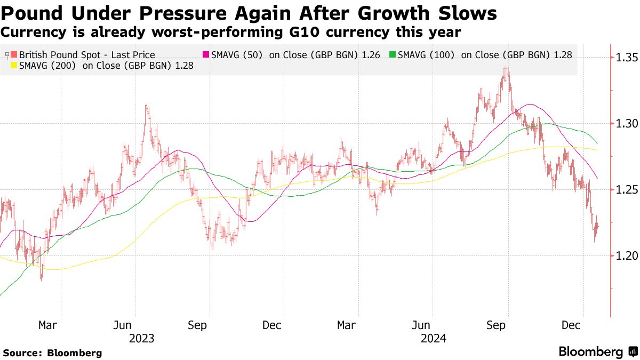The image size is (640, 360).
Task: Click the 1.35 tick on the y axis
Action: pyautogui.click(x=627, y=57)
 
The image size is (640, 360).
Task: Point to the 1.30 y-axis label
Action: pyautogui.click(x=627, y=123)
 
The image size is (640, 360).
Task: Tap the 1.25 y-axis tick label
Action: pyautogui.click(x=627, y=189)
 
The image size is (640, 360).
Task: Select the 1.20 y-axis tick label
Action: pyautogui.click(x=627, y=255)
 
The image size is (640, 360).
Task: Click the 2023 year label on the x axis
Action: pyautogui.click(x=142, y=338)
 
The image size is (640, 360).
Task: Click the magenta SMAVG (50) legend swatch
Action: pyautogui.click(x=205, y=55)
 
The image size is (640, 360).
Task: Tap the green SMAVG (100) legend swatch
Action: pyautogui.click(x=393, y=55)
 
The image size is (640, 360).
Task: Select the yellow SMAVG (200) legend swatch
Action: pyautogui.click(x=14, y=66)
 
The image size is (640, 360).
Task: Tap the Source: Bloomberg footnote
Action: pyautogui.click(x=52, y=353)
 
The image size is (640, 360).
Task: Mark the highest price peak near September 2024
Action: pyautogui.click(x=505, y=68)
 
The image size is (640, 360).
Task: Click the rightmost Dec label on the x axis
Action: pyautogui.click(x=572, y=325)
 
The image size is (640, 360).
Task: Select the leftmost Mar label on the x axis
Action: pyautogui.click(x=48, y=325)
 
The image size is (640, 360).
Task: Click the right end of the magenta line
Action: pyautogui.click(x=597, y=179)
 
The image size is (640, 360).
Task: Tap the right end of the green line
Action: pyautogui.click(x=597, y=143)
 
